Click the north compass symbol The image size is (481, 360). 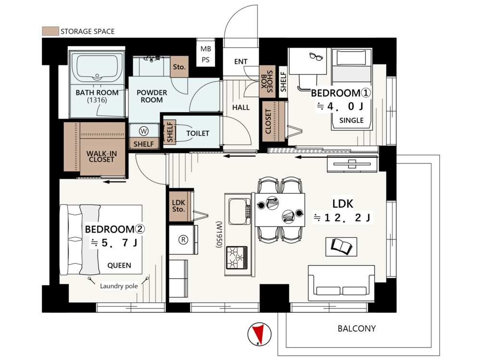click(260, 334)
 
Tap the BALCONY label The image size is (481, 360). click(356, 328)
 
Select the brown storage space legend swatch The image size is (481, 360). click(51, 31)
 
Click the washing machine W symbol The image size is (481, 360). click(143, 131)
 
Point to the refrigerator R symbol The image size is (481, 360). click(183, 239)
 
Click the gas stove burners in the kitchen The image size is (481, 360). click(237, 257)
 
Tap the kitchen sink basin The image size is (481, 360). click(238, 211)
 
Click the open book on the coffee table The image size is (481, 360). click(342, 246)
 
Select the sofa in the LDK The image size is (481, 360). click(342, 283)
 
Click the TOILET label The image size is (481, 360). click(198, 133)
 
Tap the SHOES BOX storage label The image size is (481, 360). click(267, 81)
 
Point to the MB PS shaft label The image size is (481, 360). click(205, 54)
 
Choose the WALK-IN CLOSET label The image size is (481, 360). click(101, 156)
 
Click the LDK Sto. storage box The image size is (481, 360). click(178, 206)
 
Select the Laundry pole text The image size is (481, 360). click(119, 286)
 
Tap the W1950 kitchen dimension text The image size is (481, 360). click(219, 235)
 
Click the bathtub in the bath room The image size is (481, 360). click(97, 68)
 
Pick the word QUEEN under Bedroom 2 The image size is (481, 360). click(119, 265)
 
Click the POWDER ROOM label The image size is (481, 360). click(152, 96)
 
